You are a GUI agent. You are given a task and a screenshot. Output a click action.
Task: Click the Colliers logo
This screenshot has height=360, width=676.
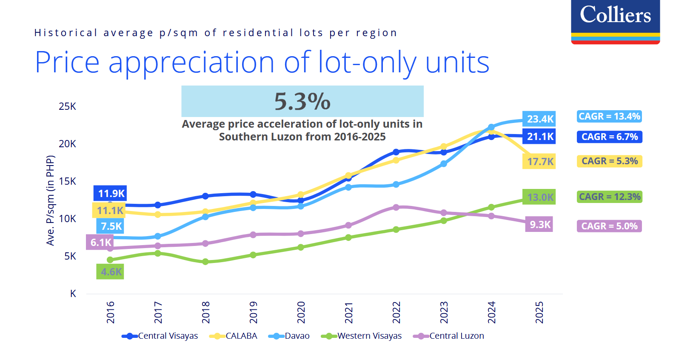click(x=615, y=21)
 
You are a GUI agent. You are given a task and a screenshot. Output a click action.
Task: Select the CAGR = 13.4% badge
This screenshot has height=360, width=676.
click(x=609, y=117)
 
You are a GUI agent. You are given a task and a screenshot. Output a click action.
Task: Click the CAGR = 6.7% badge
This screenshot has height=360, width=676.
click(x=609, y=137)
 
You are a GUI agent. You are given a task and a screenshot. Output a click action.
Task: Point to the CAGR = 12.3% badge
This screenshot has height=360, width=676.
click(x=609, y=197)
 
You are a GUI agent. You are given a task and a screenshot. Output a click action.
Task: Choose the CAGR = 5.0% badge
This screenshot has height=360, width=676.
click(x=609, y=226)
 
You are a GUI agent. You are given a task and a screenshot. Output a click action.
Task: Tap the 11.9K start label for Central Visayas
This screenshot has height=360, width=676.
click(x=111, y=194)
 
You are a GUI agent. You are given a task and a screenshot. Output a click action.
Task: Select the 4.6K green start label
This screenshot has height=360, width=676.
click(x=111, y=272)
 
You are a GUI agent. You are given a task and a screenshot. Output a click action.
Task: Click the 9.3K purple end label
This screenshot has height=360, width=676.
click(x=539, y=225)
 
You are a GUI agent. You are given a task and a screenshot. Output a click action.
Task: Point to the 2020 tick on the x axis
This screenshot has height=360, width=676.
click(x=301, y=312)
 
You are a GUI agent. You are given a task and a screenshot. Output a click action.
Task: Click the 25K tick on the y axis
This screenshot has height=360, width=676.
click(x=67, y=107)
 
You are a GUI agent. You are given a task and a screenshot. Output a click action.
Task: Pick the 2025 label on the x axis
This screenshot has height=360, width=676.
click(x=539, y=312)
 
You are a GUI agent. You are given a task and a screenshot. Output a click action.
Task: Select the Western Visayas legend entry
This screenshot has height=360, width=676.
click(x=362, y=336)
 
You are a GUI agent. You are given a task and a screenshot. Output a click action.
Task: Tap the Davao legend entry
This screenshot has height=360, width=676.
click(x=289, y=336)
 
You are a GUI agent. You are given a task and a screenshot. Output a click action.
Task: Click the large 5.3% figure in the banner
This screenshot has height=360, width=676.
click(x=302, y=101)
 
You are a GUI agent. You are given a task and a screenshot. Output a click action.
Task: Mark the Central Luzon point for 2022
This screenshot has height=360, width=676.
click(x=396, y=207)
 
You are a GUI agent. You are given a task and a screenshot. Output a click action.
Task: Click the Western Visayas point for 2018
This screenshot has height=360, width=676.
click(x=205, y=262)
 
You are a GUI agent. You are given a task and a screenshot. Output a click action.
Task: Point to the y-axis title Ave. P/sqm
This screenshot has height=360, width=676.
click(x=50, y=200)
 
